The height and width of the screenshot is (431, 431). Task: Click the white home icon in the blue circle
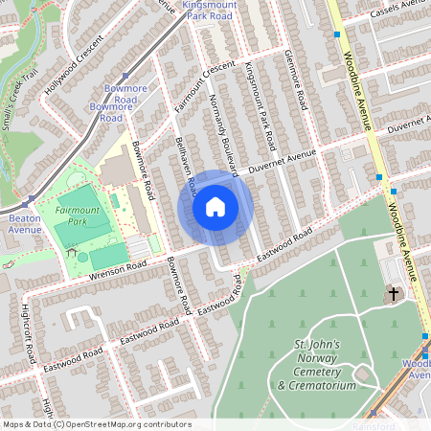click(215, 206)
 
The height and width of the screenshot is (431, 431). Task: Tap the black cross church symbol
click(392, 293)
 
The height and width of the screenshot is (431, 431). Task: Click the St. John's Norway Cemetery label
click(315, 365)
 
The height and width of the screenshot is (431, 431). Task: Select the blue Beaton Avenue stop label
click(25, 224)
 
